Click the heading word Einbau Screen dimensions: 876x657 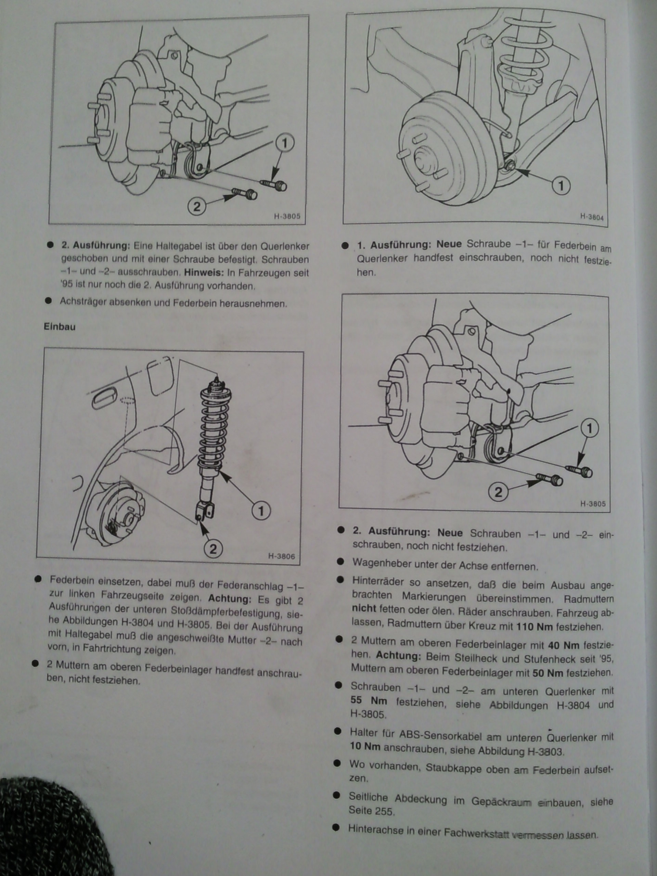[60, 327]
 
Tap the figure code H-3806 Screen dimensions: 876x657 [281, 556]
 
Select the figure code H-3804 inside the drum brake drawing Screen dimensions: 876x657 [592, 217]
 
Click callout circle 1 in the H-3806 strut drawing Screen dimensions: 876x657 [261, 511]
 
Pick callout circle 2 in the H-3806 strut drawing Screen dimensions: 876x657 [213, 549]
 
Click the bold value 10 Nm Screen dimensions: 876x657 [365, 747]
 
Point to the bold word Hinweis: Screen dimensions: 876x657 [202, 273]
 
